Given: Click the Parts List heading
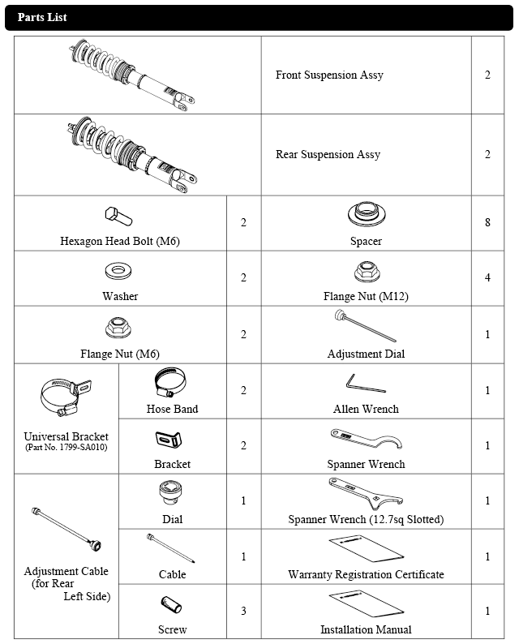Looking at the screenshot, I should pyautogui.click(x=42, y=18).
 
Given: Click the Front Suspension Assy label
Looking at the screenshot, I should pyautogui.click(x=329, y=75).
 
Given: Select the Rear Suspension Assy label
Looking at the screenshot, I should pyautogui.click(x=328, y=155).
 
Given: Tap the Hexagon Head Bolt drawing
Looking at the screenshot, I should pyautogui.click(x=119, y=217).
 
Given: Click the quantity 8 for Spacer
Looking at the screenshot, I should pyautogui.click(x=487, y=222).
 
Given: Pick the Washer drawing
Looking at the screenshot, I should pyautogui.click(x=120, y=269).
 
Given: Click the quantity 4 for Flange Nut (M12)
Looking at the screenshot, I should pyautogui.click(x=487, y=277).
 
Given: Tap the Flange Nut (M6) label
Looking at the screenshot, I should pyautogui.click(x=120, y=354).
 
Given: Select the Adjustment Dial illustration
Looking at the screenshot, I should pyautogui.click(x=366, y=328).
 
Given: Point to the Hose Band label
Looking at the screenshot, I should pyautogui.click(x=172, y=409).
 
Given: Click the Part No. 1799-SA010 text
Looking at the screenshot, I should pyautogui.click(x=66, y=448).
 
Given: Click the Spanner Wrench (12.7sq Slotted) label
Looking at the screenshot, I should pyautogui.click(x=366, y=519).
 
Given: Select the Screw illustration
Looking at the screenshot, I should pyautogui.click(x=172, y=605).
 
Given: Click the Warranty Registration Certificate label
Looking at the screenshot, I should pyautogui.click(x=366, y=574).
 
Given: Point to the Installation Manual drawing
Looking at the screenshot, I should pyautogui.click(x=367, y=605).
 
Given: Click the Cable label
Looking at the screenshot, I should pyautogui.click(x=172, y=574).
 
